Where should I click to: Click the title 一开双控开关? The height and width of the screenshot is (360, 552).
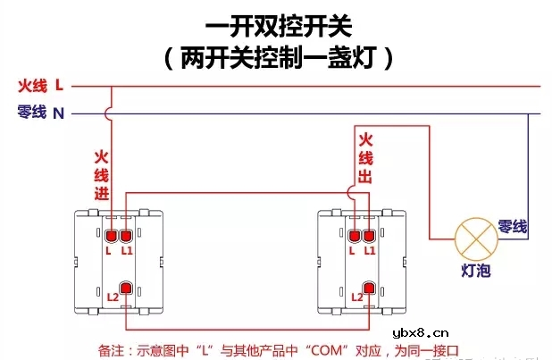point(277,29)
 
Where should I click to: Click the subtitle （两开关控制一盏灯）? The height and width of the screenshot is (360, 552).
point(277,60)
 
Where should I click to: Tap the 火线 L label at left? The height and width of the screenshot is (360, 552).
point(40,86)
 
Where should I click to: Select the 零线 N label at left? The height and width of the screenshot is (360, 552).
point(40,113)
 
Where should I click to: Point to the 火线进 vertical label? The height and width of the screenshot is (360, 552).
point(101,174)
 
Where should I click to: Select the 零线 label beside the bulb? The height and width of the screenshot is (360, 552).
point(514,227)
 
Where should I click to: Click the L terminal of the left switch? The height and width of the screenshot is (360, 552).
point(112,237)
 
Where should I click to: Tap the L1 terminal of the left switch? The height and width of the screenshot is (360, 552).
point(126,237)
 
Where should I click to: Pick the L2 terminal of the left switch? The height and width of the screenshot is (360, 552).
point(126,289)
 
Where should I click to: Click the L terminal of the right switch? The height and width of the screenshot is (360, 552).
point(354,237)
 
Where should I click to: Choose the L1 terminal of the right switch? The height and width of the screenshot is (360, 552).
point(368,237)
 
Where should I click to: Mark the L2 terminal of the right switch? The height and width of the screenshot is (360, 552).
point(368,289)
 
